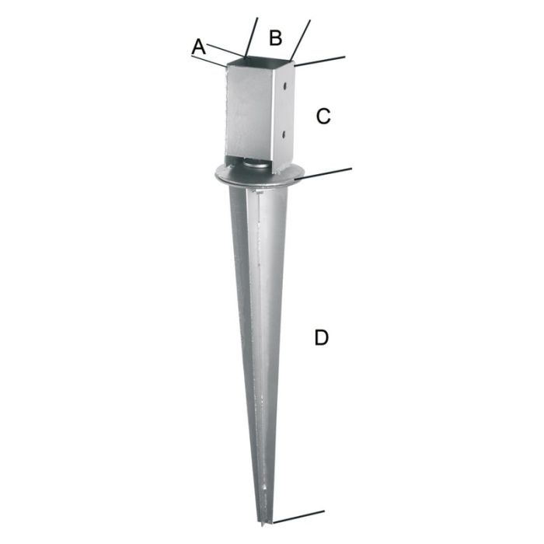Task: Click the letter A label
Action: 199,47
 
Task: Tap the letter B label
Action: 275,37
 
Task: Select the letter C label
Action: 323,117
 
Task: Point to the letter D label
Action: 321,338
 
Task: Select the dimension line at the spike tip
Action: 299,515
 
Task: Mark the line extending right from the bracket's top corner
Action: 320,60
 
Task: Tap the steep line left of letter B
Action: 250,37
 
